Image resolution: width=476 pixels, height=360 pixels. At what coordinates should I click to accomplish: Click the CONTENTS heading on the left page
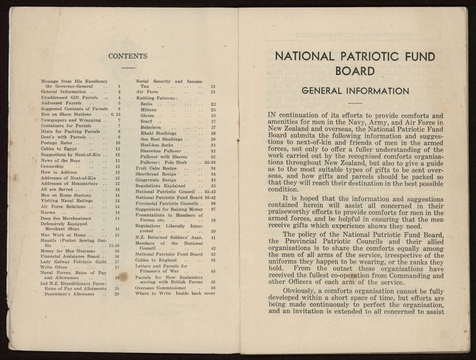tap(128, 56)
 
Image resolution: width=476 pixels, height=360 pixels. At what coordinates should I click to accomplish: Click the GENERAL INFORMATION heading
tap(355, 91)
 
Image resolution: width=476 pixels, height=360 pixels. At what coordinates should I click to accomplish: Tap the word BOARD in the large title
tap(355, 71)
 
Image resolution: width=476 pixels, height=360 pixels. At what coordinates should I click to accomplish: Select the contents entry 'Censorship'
tap(52, 166)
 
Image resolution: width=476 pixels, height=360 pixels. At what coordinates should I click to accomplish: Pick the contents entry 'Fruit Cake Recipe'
tap(156, 168)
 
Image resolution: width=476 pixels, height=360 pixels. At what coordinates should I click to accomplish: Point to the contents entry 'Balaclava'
tap(151, 128)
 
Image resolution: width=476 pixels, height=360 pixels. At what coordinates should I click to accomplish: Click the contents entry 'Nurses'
tap(49, 212)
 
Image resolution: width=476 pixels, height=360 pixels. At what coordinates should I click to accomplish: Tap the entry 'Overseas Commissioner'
tap(159, 288)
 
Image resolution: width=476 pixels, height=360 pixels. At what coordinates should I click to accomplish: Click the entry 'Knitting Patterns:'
tap(157, 98)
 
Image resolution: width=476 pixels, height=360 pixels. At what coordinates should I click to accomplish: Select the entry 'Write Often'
tap(54, 267)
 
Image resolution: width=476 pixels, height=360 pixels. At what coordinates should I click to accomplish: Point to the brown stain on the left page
tap(123, 277)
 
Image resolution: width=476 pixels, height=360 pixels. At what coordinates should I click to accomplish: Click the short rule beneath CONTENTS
tap(128, 68)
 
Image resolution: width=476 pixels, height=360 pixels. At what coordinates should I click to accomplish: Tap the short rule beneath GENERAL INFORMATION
tap(355, 103)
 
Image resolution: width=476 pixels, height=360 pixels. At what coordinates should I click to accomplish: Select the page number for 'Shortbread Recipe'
tap(213, 174)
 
